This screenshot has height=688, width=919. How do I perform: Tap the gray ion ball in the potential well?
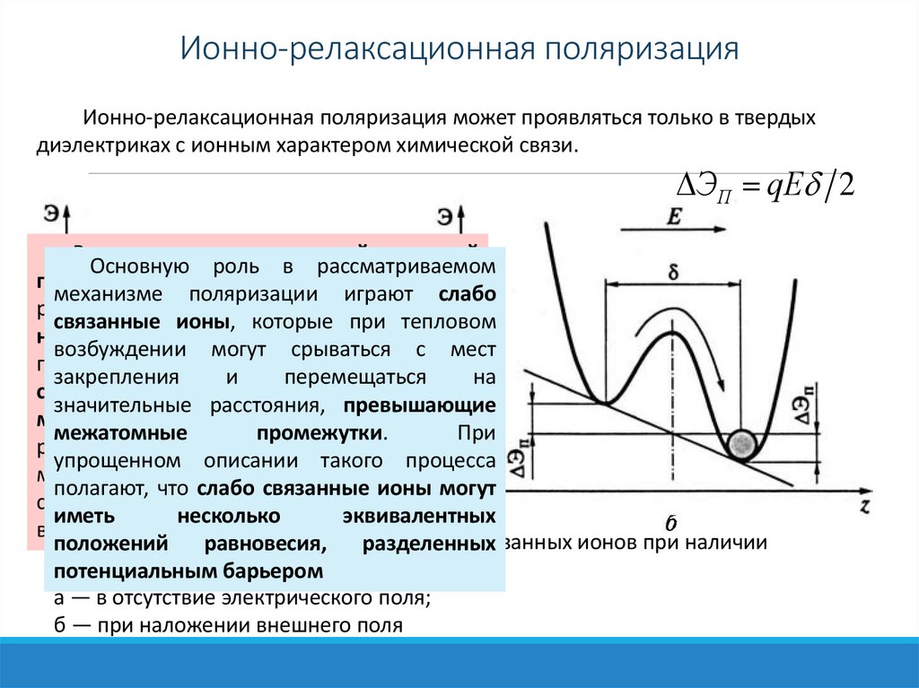[x=742, y=444]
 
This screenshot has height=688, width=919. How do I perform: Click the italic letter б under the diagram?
[x=670, y=522]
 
